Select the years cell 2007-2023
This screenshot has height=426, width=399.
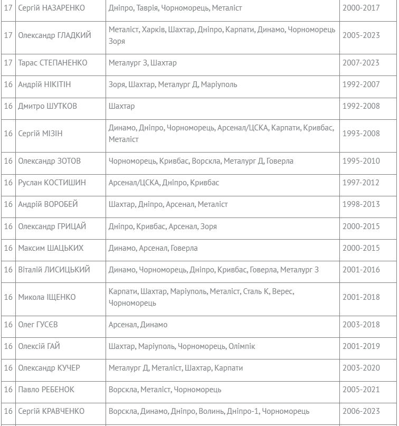pyautogui.click(x=360, y=63)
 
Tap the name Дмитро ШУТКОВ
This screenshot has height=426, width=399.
pyautogui.click(x=47, y=106)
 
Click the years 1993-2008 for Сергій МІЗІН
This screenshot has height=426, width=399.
pyautogui.click(x=360, y=134)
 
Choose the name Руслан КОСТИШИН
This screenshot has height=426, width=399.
pyautogui.click(x=52, y=183)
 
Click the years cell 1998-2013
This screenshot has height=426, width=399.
pyautogui.click(x=360, y=204)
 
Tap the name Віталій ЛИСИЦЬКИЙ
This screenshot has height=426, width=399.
pyautogui.click(x=54, y=270)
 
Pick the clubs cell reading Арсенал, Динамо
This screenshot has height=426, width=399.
pyautogui.click(x=138, y=325)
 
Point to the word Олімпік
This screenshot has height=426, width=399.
pyautogui.click(x=242, y=346)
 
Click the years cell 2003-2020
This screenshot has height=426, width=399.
pyautogui.click(x=360, y=368)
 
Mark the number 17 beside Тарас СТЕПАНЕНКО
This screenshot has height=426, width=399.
pyautogui.click(x=8, y=63)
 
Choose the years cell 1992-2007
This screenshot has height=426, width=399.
pyautogui.click(x=360, y=84)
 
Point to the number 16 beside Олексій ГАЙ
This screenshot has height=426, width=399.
pyautogui.click(x=8, y=346)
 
